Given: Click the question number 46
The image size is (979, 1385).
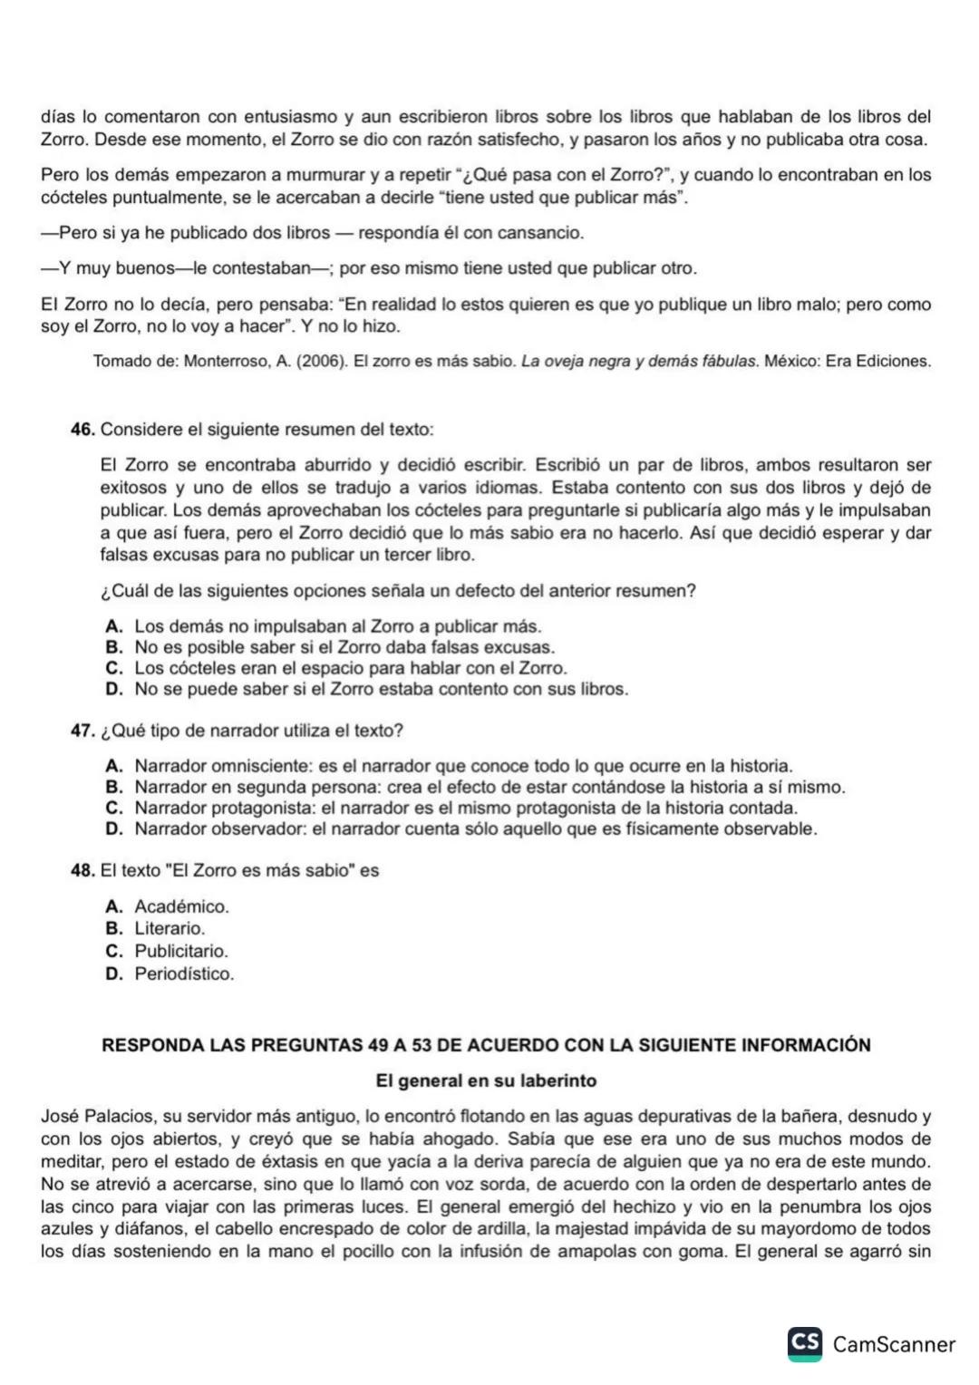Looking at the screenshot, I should [x=82, y=430].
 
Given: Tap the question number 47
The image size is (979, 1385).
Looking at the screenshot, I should [x=82, y=731].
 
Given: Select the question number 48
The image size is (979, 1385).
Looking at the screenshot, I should [x=82, y=871].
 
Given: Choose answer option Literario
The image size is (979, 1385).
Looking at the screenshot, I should [x=170, y=929].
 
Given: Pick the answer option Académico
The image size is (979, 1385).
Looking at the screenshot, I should [x=181, y=907].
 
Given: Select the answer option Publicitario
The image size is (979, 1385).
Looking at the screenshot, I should [x=181, y=952].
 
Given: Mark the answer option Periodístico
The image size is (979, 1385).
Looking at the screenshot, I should [x=184, y=974].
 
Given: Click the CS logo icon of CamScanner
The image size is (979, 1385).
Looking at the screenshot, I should [x=805, y=1343].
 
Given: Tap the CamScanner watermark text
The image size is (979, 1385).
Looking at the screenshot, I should [x=894, y=1344].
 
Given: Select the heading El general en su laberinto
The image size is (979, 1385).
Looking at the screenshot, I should [x=486, y=1081].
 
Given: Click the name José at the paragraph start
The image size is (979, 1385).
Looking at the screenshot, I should [x=59, y=1118].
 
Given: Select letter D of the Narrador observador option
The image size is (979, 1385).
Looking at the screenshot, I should [x=113, y=829].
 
